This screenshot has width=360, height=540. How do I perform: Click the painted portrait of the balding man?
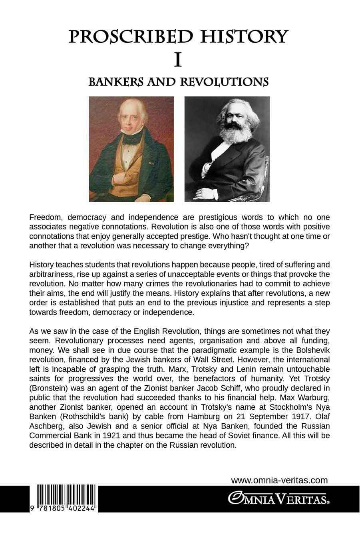(x=131, y=149)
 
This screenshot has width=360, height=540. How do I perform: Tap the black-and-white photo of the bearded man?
(x=227, y=149)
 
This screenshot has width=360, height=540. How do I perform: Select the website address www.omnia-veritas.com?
(x=279, y=480)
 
